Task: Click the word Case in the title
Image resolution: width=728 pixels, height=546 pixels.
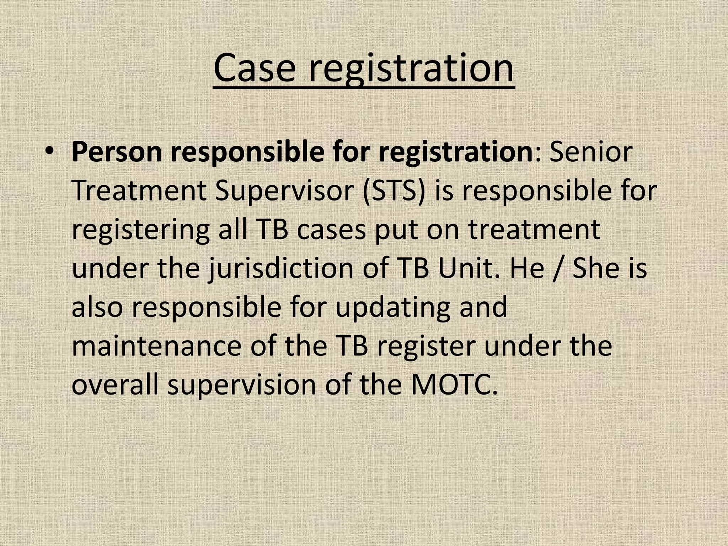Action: coord(255,68)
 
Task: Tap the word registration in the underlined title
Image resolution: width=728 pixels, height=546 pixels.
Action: coord(411,69)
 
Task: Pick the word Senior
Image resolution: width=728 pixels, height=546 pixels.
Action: coord(591,152)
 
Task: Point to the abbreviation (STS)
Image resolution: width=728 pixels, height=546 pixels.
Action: coord(394,191)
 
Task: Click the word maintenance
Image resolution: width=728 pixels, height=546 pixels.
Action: coord(156,346)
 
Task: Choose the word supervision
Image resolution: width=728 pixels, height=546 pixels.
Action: coord(242,386)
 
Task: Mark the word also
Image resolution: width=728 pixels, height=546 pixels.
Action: coord(97,307)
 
